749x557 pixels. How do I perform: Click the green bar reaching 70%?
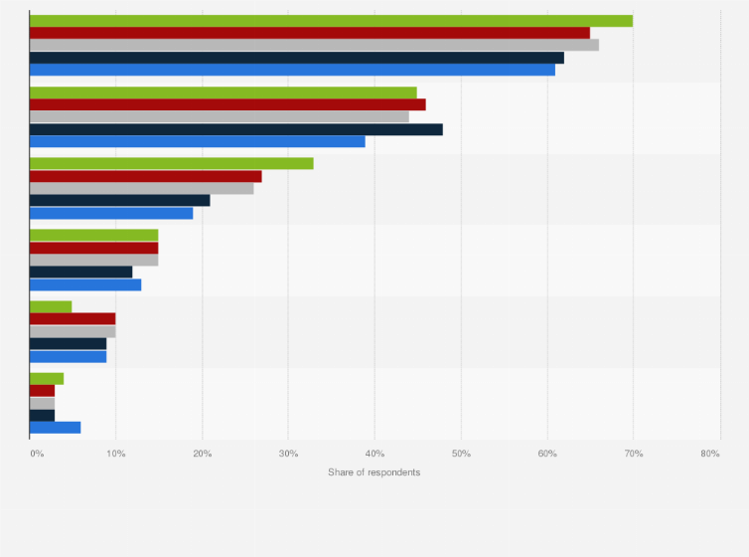tap(331, 21)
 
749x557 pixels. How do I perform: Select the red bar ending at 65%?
tap(310, 33)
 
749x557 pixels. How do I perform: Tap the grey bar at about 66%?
tap(314, 45)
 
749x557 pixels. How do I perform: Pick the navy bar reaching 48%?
tap(236, 129)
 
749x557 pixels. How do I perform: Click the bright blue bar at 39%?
tap(198, 141)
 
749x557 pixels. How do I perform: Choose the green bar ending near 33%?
tap(172, 164)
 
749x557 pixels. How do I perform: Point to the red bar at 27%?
tap(146, 176)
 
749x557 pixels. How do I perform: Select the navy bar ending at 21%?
tap(120, 200)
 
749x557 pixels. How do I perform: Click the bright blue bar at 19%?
tap(111, 213)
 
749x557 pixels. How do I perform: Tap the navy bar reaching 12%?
tap(81, 272)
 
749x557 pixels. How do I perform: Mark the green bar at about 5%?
tap(51, 306)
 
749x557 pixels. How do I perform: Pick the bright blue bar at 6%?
tap(56, 427)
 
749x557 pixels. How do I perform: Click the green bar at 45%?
tap(224, 93)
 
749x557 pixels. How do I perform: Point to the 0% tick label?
tap(37, 454)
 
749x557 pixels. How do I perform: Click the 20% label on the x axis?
tap(202, 454)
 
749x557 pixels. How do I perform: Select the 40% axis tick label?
tap(374, 454)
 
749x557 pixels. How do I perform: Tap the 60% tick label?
tap(547, 454)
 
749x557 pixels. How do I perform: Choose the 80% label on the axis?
tap(709, 454)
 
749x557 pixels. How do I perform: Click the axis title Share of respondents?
tap(374, 471)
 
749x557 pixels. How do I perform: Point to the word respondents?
tap(394, 471)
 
